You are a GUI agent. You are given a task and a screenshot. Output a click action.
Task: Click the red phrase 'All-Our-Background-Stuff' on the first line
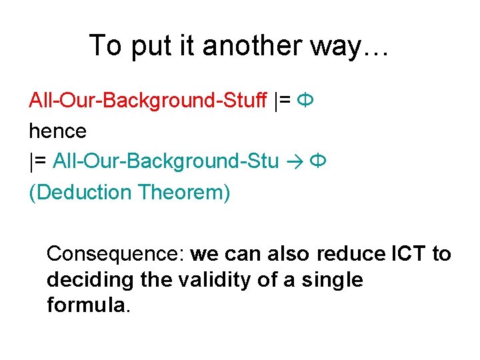coord(148,101)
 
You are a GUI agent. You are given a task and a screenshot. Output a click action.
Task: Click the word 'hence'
coord(57,131)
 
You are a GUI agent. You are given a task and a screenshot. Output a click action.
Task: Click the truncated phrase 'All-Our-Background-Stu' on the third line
coord(165,161)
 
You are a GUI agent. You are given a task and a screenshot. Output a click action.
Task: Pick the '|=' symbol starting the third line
coord(38,161)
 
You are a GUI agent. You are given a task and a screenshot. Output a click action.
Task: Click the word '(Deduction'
coord(80,192)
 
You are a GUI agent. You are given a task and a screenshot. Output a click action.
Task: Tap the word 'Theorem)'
coord(184,192)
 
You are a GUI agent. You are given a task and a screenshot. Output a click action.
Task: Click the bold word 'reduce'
coord(351,254)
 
